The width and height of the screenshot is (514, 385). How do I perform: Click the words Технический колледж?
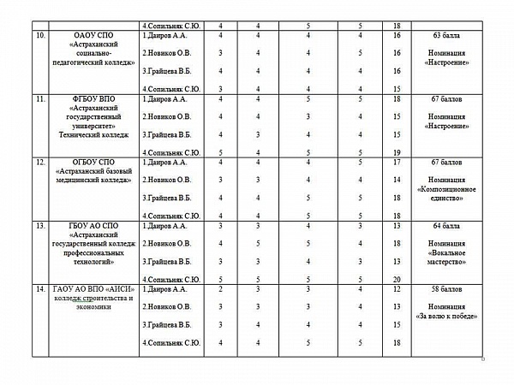(94, 133)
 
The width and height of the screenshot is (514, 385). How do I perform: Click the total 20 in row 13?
(396, 279)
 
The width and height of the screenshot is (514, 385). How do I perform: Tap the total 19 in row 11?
(396, 152)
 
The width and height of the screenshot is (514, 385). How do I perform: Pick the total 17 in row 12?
(396, 162)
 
